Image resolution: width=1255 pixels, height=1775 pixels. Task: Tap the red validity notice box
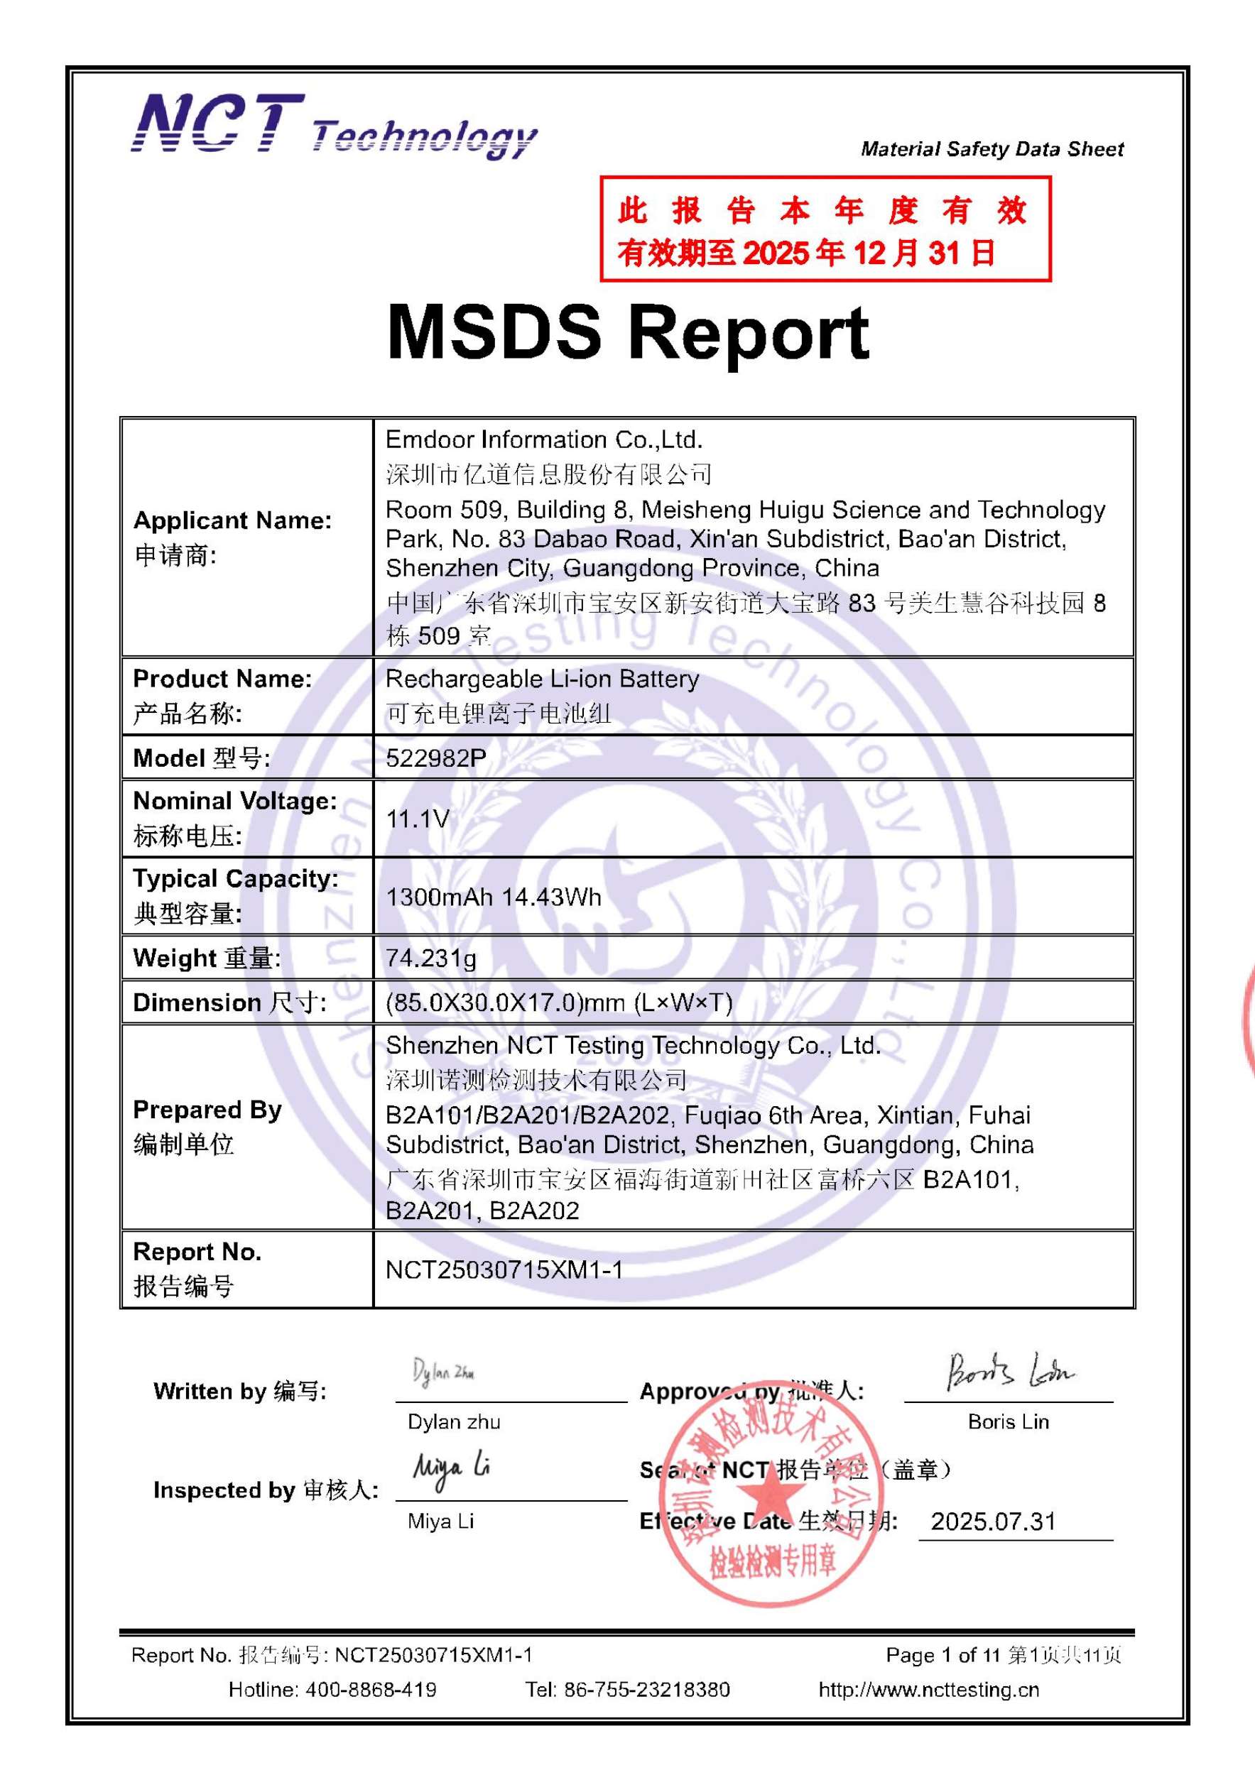[825, 229]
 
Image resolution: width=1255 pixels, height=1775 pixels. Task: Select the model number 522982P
[436, 758]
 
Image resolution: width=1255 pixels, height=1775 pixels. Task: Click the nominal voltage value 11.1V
[418, 819]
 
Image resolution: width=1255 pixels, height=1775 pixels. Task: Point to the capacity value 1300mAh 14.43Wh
[494, 897]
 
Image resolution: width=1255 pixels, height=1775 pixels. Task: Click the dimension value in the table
[558, 1003]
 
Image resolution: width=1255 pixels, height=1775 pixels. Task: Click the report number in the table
[504, 1269]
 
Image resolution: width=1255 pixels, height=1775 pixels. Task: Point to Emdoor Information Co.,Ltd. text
[543, 440]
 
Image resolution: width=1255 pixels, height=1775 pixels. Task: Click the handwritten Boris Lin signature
[1009, 1371]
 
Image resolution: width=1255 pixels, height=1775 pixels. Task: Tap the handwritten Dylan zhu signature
[443, 1372]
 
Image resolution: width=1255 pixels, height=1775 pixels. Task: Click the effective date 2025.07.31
[993, 1522]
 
